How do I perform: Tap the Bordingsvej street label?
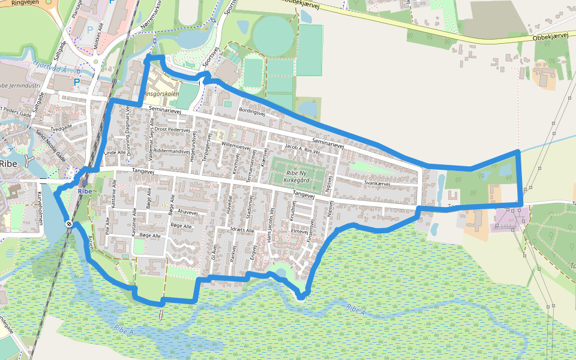click(x=252, y=111)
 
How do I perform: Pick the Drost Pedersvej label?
click(x=172, y=129)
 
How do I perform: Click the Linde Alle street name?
click(x=115, y=153)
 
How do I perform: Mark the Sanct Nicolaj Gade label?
click(x=50, y=144)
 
